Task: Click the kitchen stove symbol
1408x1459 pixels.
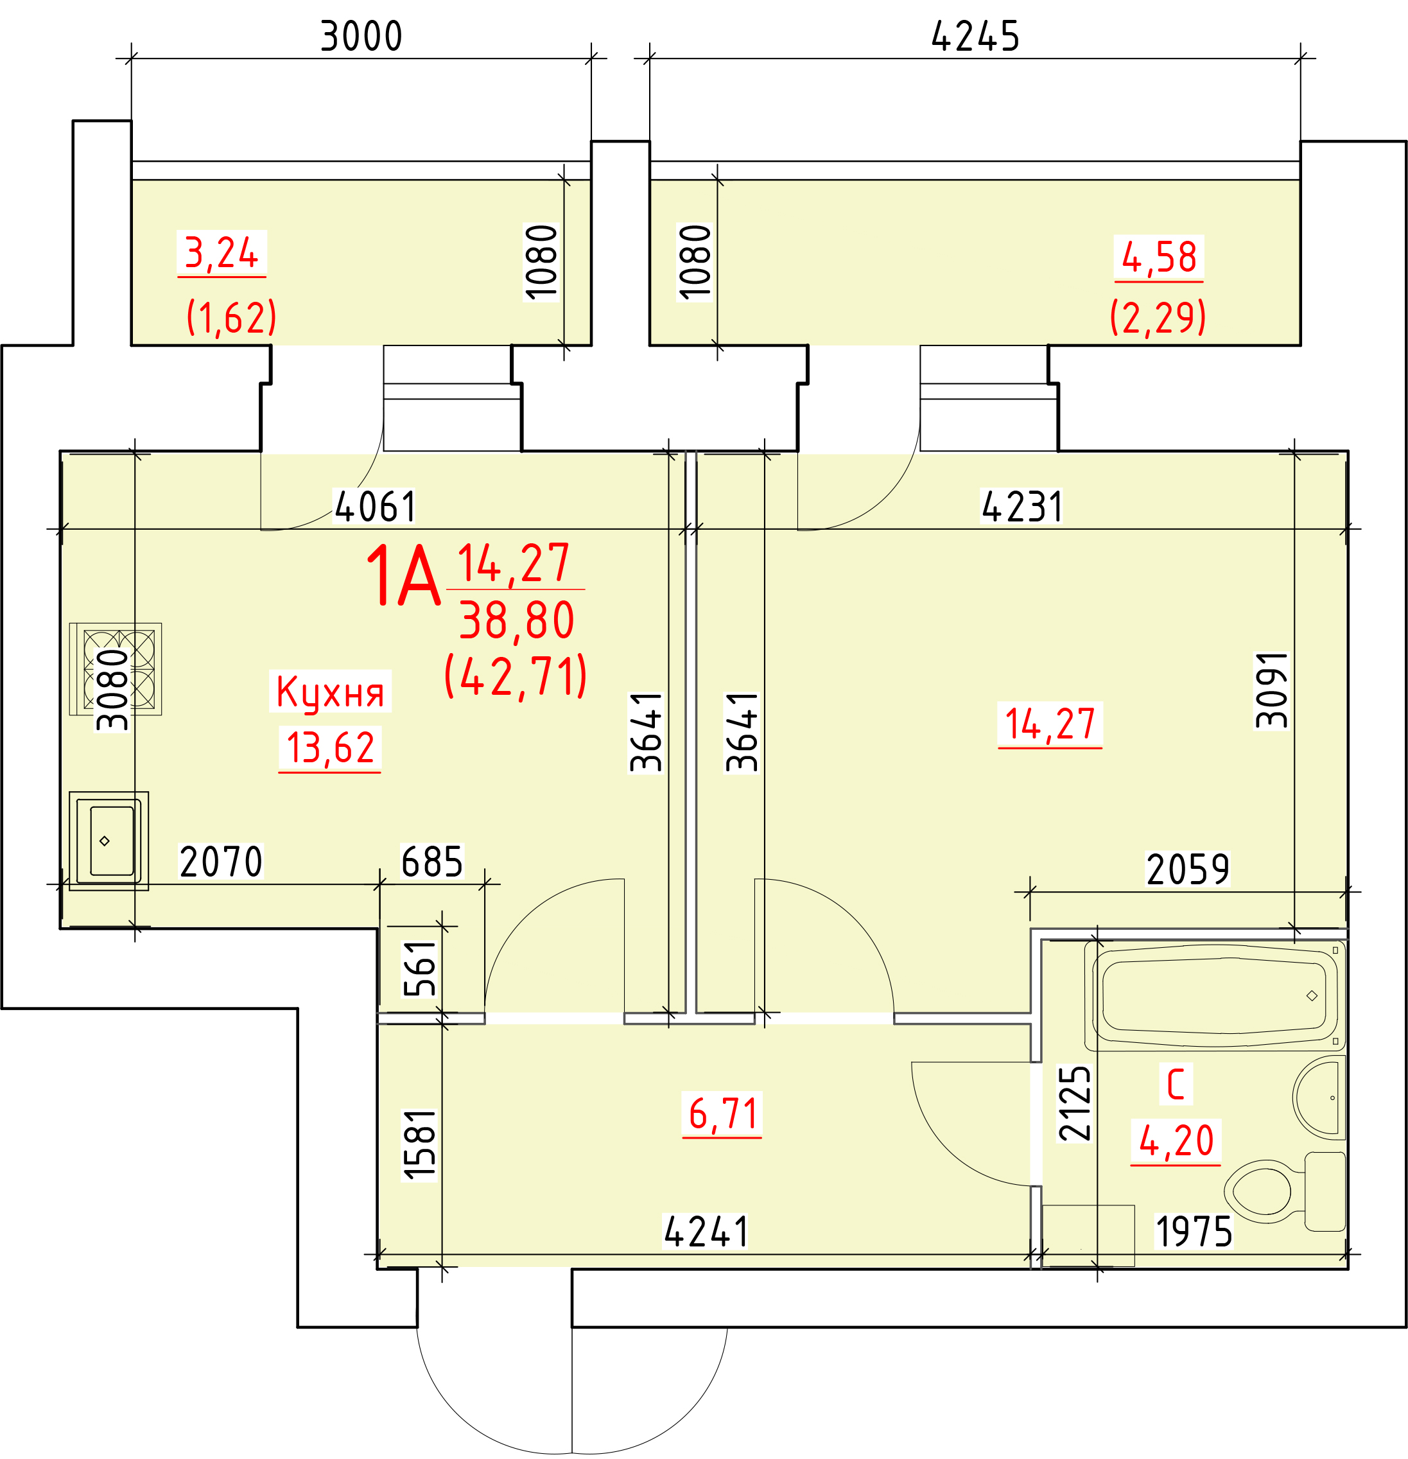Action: [x=116, y=668]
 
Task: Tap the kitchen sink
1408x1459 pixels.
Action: [x=109, y=841]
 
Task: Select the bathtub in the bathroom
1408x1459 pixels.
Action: [x=1215, y=995]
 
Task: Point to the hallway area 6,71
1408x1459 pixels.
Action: [x=722, y=1114]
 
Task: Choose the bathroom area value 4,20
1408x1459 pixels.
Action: [x=1176, y=1140]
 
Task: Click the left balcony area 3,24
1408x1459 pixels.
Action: [x=221, y=253]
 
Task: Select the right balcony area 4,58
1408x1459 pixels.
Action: [x=1159, y=258]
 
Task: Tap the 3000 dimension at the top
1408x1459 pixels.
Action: [x=361, y=37]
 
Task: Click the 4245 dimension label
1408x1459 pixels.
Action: [x=976, y=37]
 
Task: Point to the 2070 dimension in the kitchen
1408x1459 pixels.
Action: [x=221, y=862]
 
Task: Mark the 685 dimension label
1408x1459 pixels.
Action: [x=431, y=862]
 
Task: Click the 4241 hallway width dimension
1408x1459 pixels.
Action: [x=706, y=1232]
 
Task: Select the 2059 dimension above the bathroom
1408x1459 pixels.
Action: [x=1188, y=869]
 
